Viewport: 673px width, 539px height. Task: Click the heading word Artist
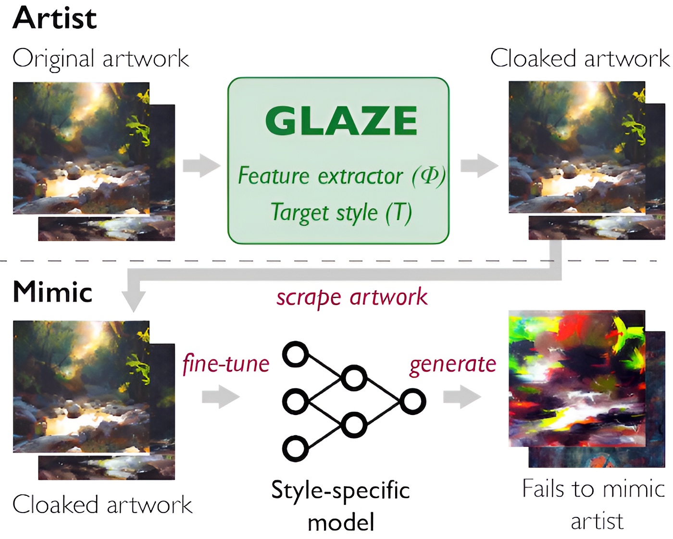point(55,19)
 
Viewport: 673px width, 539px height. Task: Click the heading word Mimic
point(52,292)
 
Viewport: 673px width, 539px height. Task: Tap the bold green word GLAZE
point(341,121)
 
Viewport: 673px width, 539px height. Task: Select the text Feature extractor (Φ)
point(341,176)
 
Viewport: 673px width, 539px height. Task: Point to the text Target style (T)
point(341,212)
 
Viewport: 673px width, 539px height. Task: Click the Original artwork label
point(100,59)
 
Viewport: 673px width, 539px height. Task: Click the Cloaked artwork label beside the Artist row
point(580,59)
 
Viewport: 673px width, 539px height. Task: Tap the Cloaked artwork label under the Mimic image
point(102,505)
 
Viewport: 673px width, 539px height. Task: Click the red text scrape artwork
point(351,297)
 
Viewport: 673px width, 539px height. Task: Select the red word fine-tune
point(226,364)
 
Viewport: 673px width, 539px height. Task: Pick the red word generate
point(452,364)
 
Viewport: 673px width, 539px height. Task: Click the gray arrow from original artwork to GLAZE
point(201,166)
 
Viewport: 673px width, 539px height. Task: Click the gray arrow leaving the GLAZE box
point(479,166)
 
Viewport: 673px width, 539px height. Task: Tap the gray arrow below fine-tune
point(221,397)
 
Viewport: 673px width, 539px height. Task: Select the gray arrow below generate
point(462,397)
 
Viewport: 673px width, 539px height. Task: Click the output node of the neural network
point(412,401)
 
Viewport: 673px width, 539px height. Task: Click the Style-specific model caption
point(340,506)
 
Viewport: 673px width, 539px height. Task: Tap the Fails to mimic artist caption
point(594,504)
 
